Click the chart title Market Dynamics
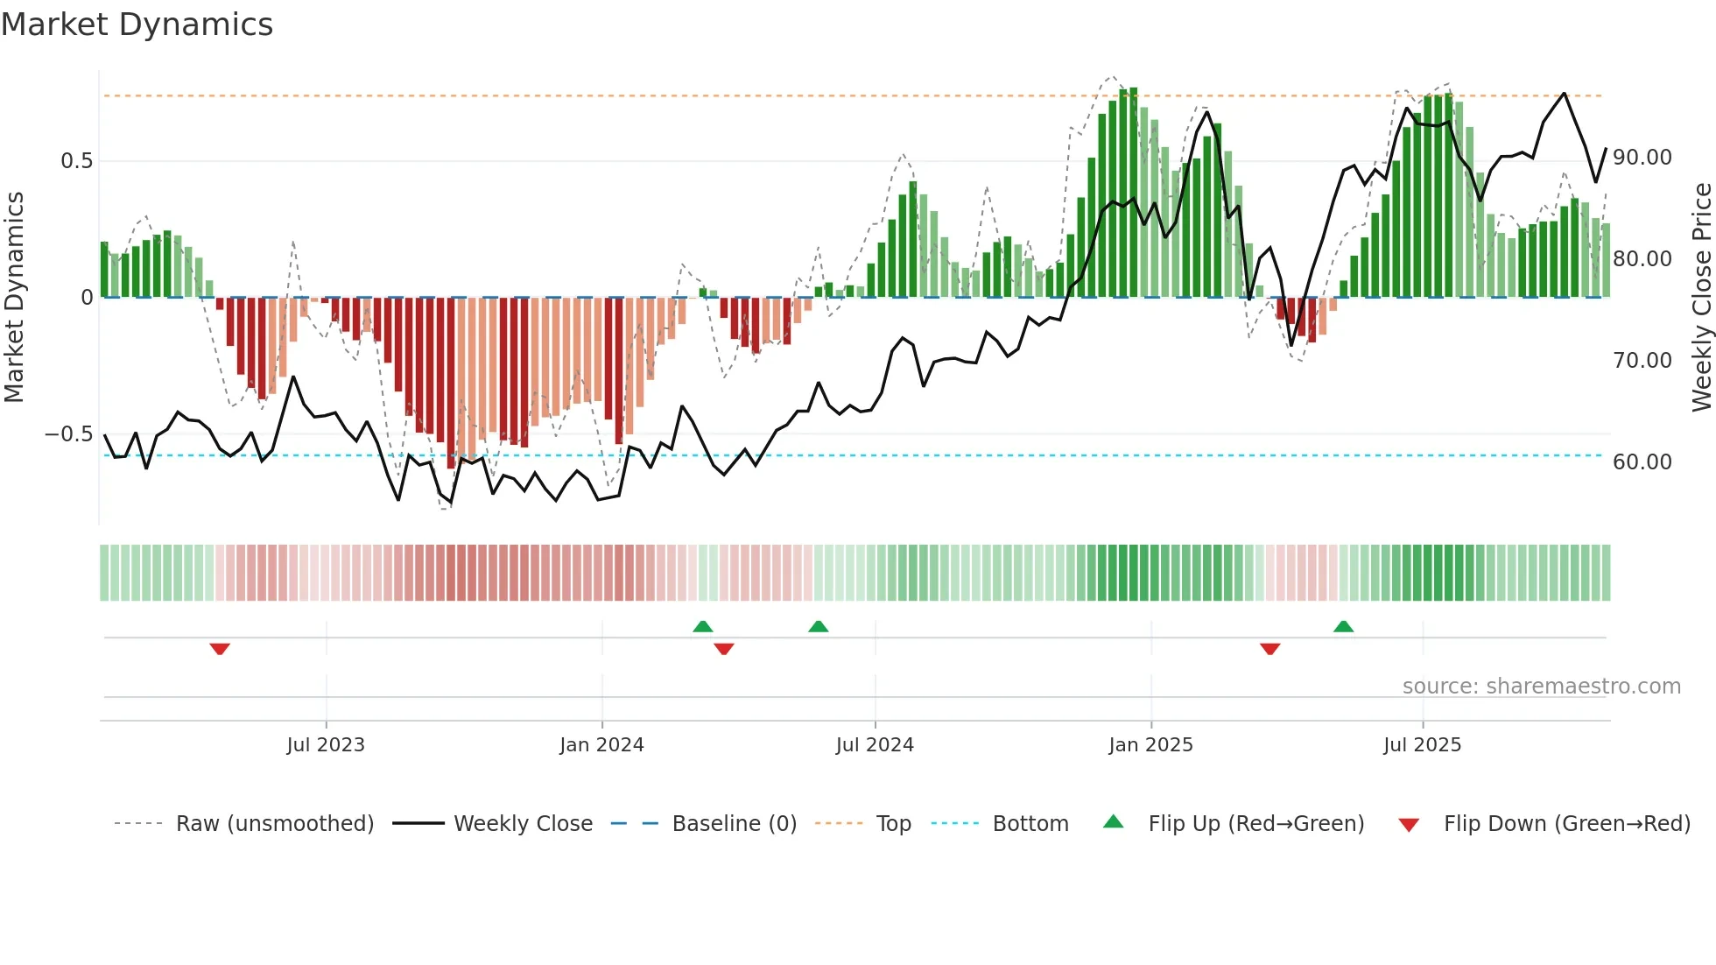click(x=137, y=25)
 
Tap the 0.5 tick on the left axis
click(x=76, y=161)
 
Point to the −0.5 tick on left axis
click(x=68, y=434)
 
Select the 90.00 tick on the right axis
click(x=1642, y=158)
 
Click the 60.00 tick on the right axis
click(x=1642, y=462)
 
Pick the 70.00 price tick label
click(x=1642, y=361)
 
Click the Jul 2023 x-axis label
click(x=325, y=745)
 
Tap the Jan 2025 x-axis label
click(x=1150, y=745)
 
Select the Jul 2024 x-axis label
click(x=875, y=745)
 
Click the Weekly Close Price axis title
click(x=1701, y=298)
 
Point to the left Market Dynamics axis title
click(x=14, y=298)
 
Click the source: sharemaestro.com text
click(x=1541, y=687)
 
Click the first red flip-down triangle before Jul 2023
click(x=220, y=649)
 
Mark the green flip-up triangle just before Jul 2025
click(x=1343, y=626)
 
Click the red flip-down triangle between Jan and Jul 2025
click(x=1269, y=649)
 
